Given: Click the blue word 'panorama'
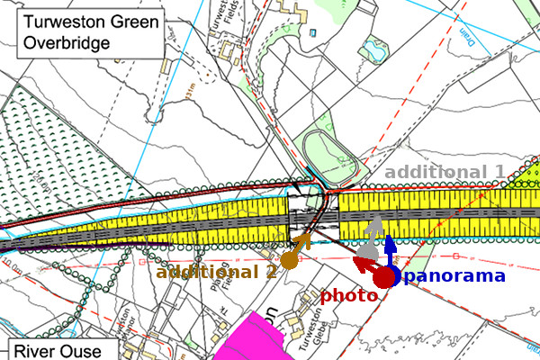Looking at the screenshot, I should (454, 275).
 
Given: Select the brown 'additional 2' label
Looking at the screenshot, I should (215, 272).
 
